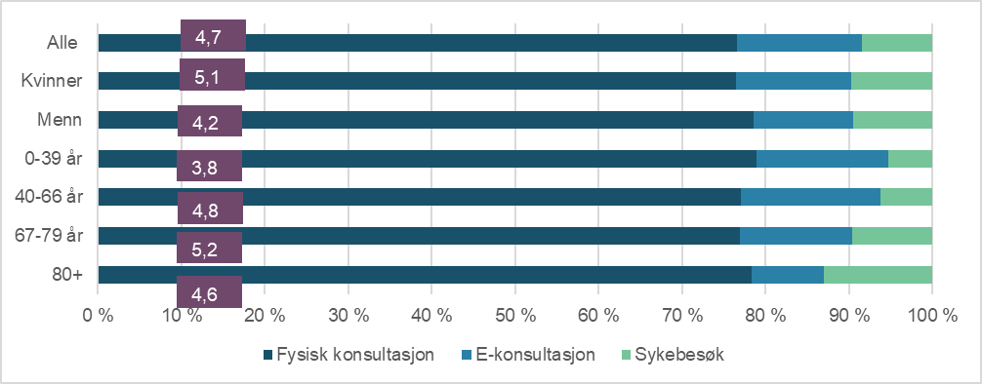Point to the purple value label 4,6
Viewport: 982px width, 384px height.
[209, 291]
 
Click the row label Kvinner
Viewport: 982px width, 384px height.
[58, 81]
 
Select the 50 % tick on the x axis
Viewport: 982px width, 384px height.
[514, 315]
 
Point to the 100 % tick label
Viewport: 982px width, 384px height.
[932, 315]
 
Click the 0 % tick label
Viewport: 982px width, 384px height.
[98, 315]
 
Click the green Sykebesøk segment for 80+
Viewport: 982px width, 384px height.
[878, 275]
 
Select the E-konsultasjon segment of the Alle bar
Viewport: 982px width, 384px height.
[799, 43]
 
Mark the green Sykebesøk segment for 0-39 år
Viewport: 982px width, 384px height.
[910, 159]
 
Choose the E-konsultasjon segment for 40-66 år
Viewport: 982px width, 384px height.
[810, 197]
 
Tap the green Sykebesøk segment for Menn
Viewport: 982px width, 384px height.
[892, 120]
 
